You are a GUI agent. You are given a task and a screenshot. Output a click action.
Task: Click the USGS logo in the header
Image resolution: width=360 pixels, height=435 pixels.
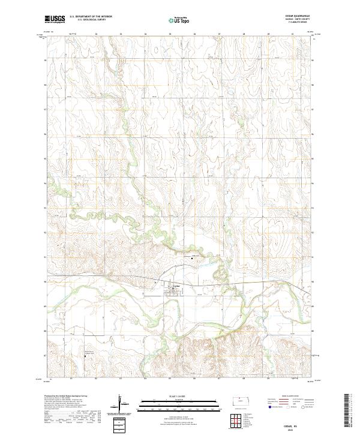pos(55,19)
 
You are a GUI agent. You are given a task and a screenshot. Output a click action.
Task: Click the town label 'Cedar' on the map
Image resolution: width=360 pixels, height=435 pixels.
pos(176,286)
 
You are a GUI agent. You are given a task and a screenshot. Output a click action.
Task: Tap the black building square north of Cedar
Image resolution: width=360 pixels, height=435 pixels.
pos(193,258)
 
